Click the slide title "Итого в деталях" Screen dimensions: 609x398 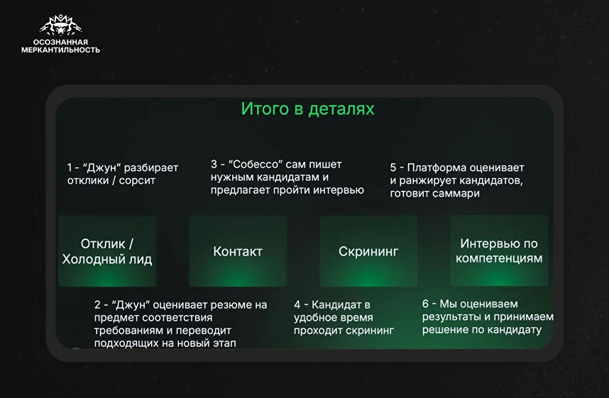(307, 109)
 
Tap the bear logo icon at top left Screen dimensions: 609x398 (61, 26)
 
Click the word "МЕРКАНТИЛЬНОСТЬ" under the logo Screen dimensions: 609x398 (60, 50)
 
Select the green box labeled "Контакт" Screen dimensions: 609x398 (238, 251)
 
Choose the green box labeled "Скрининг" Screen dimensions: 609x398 (368, 251)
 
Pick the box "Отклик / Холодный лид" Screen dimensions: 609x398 (107, 251)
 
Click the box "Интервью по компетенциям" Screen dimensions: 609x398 (499, 251)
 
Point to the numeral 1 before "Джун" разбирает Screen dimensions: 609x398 (70, 167)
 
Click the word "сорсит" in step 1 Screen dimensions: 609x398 (137, 181)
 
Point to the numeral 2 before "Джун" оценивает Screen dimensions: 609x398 (97, 305)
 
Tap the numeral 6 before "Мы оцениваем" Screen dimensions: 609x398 (425, 304)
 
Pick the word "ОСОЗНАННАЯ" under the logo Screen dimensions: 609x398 (60, 42)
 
